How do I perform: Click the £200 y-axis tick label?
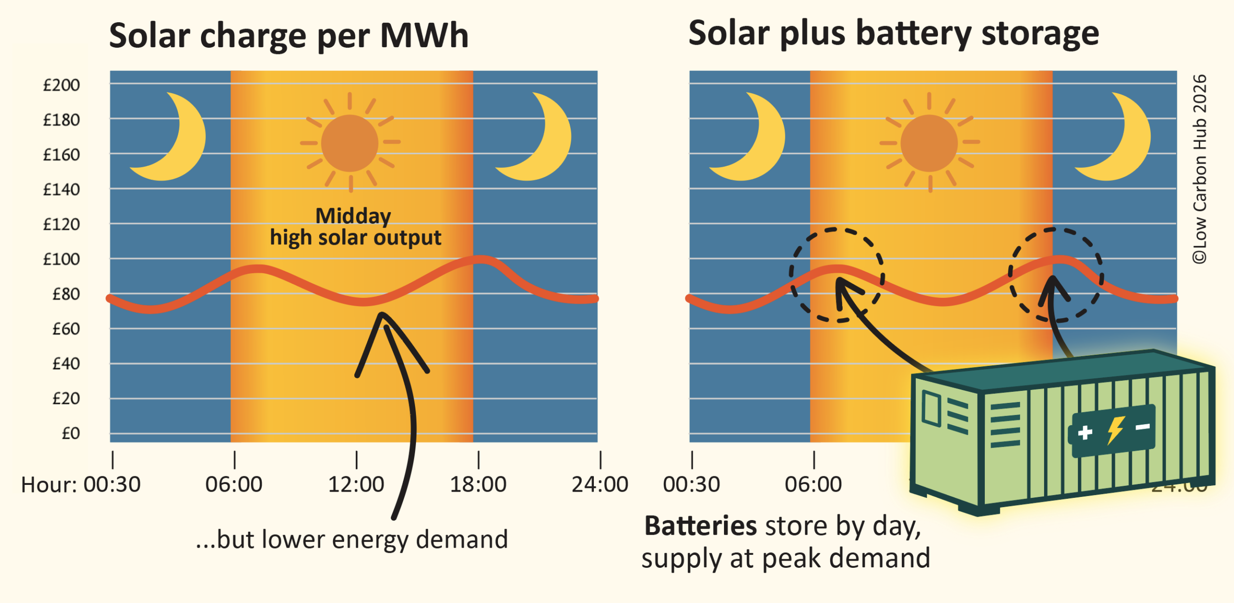coord(61,85)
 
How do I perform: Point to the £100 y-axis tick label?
coord(61,259)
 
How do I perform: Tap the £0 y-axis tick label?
coord(70,433)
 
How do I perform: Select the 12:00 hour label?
coord(356,484)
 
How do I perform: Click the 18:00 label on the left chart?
coord(478,484)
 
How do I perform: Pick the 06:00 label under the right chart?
coord(813,484)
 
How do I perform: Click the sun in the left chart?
coord(349,143)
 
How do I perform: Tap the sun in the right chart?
coord(929,143)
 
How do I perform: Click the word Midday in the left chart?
coord(353,216)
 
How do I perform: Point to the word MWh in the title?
coord(424,36)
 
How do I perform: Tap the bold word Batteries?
coord(700,526)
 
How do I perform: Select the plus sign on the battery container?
coord(1085,432)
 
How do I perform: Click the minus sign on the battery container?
coord(1143,427)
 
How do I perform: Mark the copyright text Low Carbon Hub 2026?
coord(1200,169)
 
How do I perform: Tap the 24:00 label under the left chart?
coord(600,484)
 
